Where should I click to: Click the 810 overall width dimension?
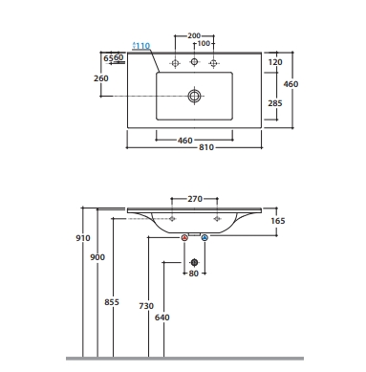coord(206,147)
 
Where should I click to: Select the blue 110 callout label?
coord(141,46)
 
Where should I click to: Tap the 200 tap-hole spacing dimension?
coord(194,35)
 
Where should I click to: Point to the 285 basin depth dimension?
coord(275,103)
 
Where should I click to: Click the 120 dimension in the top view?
coord(275,62)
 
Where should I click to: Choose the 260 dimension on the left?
coord(101,78)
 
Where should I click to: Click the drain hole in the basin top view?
coord(194,96)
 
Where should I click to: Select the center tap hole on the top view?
coord(194,61)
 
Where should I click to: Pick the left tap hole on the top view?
coord(175,63)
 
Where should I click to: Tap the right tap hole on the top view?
coord(213,63)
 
